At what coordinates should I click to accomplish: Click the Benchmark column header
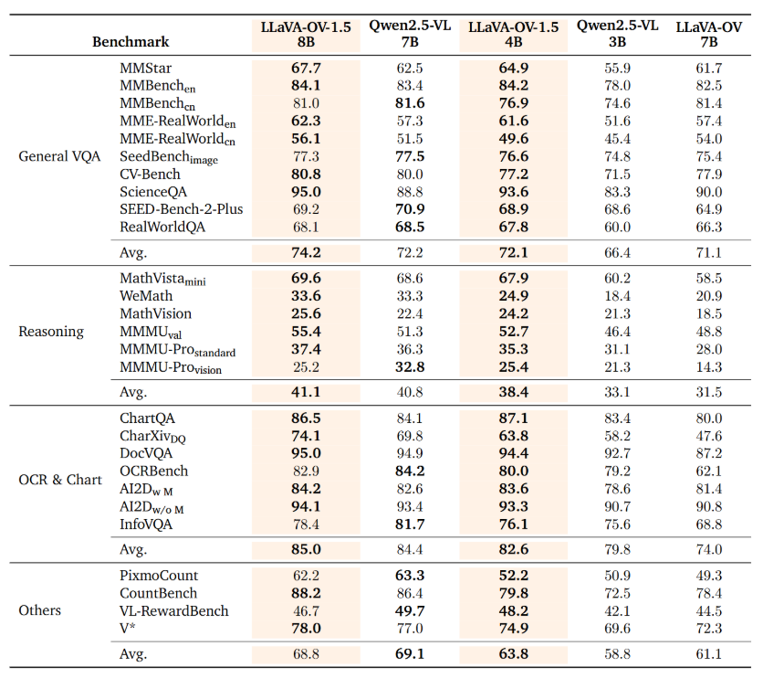click(x=131, y=41)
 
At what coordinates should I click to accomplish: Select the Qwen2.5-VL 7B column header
click(x=410, y=34)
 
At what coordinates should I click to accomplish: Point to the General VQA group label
click(x=59, y=156)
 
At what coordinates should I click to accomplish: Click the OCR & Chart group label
click(x=60, y=480)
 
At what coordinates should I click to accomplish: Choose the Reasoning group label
click(x=50, y=332)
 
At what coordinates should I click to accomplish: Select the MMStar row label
click(x=145, y=69)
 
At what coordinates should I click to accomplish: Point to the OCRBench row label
click(x=153, y=471)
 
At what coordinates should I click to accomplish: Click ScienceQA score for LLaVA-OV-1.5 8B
click(x=306, y=192)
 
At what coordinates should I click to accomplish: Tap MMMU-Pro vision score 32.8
click(x=409, y=366)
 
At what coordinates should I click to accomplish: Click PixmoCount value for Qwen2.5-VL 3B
click(x=617, y=576)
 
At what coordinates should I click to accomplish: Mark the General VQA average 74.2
click(x=306, y=251)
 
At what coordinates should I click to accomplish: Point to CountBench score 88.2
click(x=306, y=593)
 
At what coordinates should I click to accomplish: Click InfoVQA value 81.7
click(x=409, y=524)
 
